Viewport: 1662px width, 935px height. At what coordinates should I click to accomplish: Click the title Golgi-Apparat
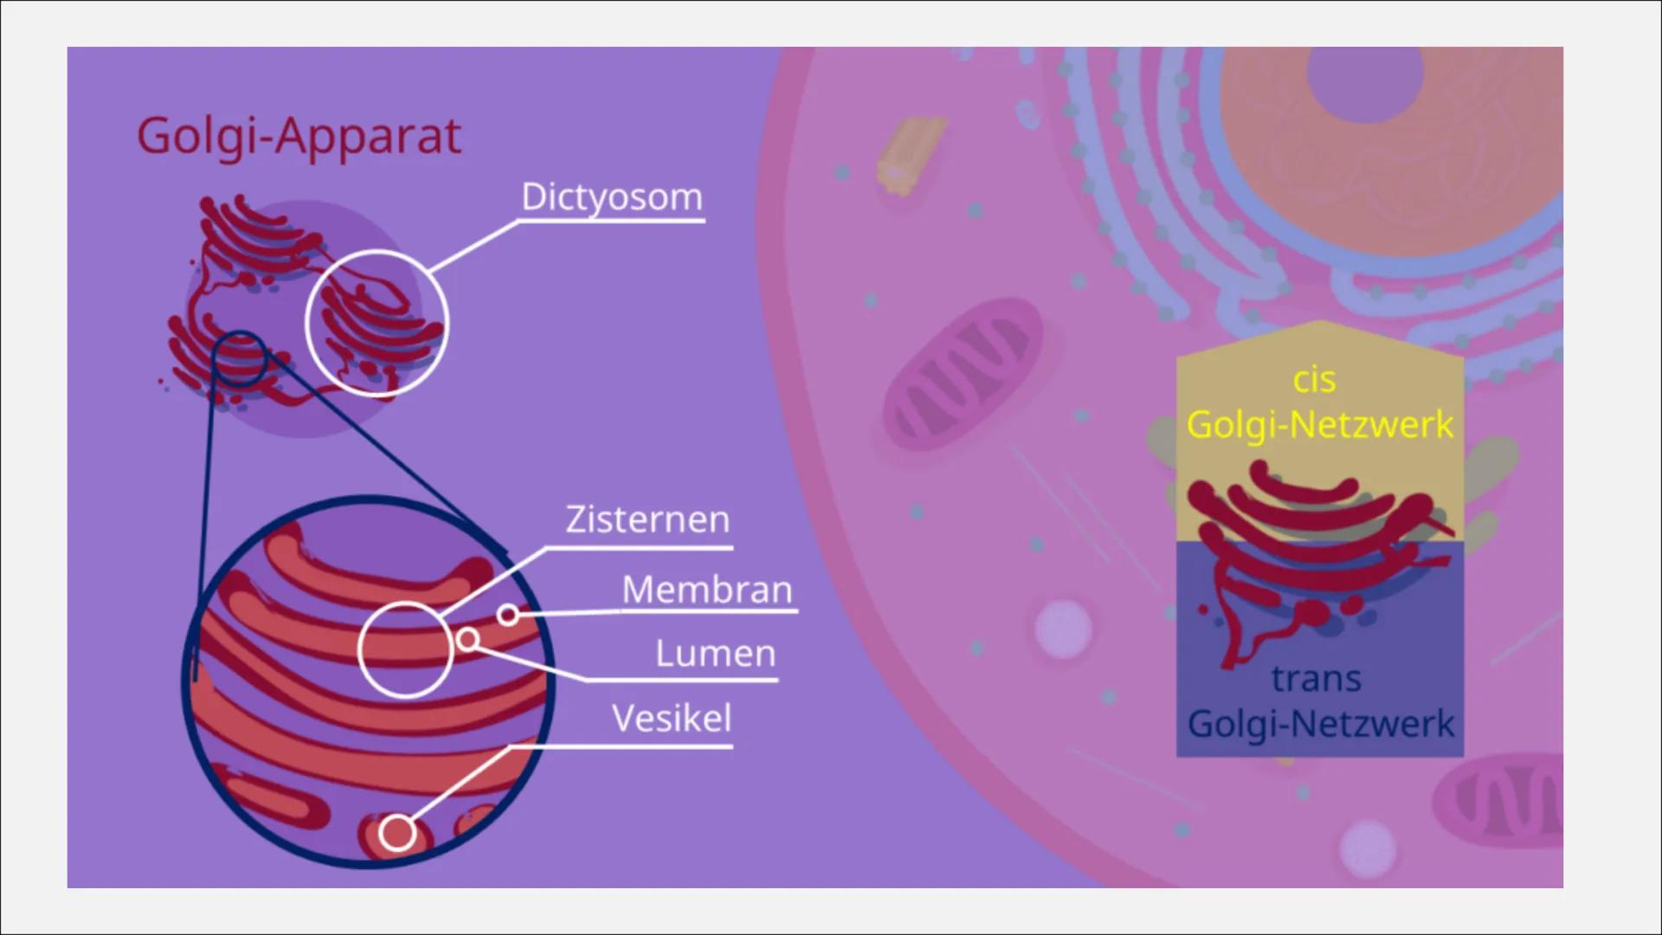(x=299, y=137)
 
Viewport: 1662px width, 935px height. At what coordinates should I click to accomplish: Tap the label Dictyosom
(x=611, y=197)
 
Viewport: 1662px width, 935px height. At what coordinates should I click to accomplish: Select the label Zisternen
(x=647, y=519)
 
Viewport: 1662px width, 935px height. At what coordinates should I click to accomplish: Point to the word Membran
(x=706, y=590)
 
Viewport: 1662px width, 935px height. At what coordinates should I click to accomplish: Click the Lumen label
(x=715, y=654)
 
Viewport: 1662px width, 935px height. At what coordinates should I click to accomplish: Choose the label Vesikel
(x=671, y=719)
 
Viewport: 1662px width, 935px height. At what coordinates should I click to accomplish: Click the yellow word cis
(x=1314, y=380)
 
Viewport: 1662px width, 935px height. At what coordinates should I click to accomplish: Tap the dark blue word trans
(x=1316, y=679)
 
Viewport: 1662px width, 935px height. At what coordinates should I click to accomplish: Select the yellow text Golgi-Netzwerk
(x=1319, y=425)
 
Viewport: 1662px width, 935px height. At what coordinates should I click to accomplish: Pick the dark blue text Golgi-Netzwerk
(x=1320, y=724)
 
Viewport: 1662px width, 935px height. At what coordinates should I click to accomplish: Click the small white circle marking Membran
(x=508, y=615)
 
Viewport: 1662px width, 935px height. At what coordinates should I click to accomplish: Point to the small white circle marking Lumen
(x=467, y=640)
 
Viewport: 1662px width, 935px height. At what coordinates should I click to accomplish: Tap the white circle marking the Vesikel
(x=397, y=834)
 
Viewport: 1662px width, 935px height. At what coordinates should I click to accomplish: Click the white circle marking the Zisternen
(x=405, y=649)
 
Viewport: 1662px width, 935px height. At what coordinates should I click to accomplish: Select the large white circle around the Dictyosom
(x=377, y=322)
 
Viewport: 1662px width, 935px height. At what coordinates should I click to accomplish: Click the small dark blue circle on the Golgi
(x=240, y=358)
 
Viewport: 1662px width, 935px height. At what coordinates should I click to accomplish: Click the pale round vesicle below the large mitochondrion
(x=1063, y=627)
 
